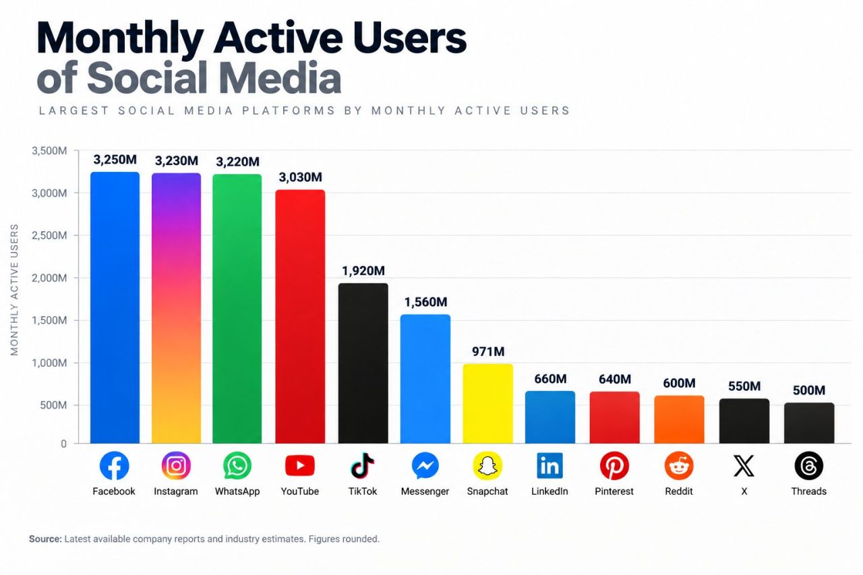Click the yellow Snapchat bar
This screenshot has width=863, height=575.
487,404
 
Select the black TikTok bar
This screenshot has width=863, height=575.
363,363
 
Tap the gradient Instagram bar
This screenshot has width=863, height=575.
176,308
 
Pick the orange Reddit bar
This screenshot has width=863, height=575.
679,419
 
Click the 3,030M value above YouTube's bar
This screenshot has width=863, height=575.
301,177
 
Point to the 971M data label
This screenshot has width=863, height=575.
488,351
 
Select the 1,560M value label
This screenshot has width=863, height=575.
425,302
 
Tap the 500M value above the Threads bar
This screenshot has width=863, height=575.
809,390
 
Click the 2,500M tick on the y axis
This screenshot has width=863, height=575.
49,235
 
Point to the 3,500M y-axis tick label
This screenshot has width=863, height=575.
49,150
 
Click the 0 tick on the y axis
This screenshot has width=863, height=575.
63,444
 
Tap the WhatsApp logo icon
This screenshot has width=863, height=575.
237,466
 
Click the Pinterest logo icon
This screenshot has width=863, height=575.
614,466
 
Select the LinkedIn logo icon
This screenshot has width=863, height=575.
549,466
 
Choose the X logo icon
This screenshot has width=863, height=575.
744,466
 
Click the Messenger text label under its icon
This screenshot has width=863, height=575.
425,491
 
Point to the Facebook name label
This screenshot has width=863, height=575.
114,491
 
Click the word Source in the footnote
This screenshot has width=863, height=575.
45,539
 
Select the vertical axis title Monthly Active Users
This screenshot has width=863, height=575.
14,290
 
